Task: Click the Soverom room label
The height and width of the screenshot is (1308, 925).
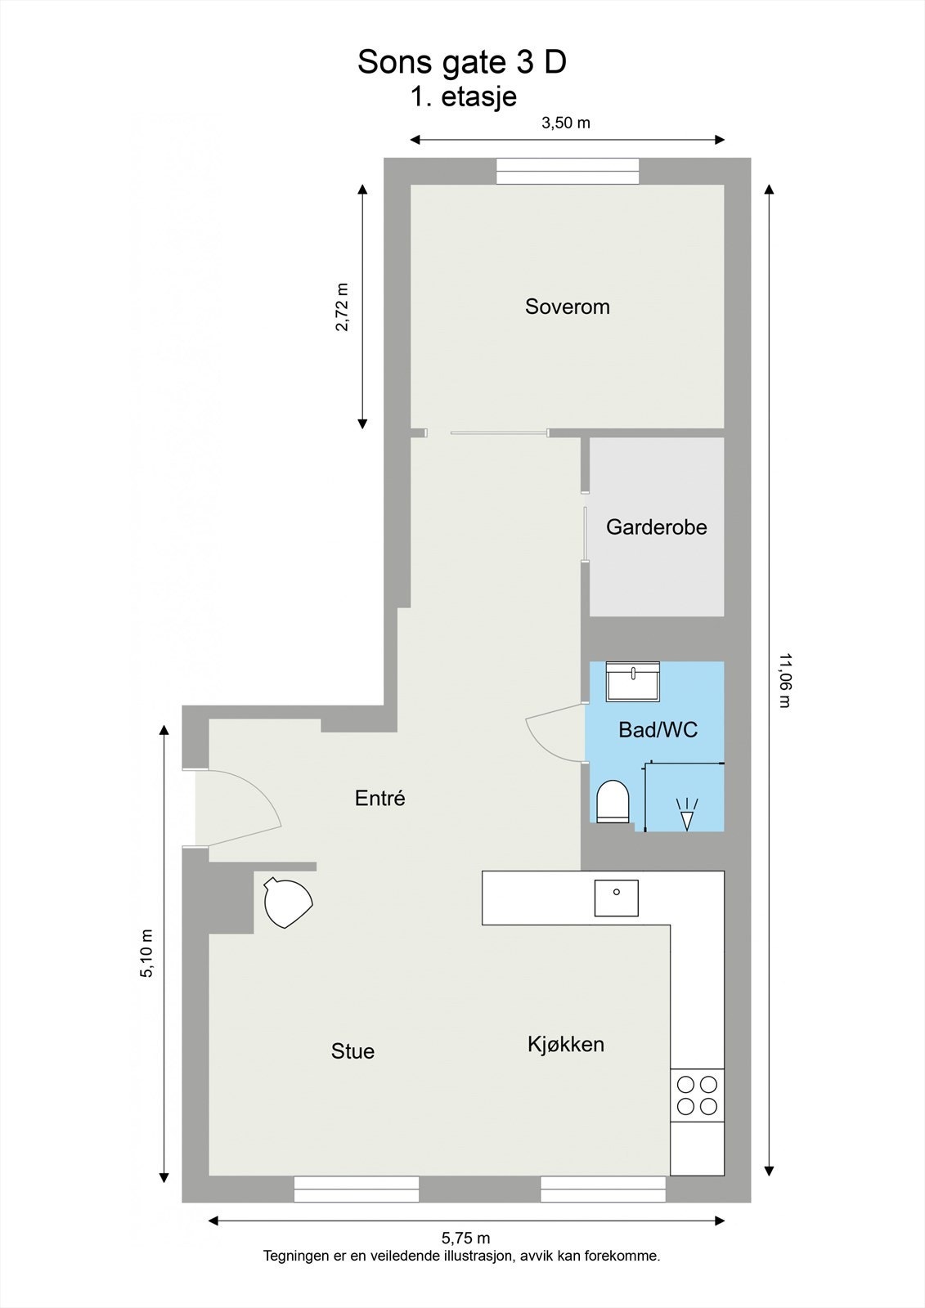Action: tap(567, 307)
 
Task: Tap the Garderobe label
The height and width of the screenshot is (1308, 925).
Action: tap(656, 527)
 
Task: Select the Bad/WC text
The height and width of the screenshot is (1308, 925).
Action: tap(658, 729)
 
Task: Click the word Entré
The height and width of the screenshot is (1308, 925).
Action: tap(379, 798)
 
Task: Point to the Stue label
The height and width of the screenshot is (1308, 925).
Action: tap(352, 1051)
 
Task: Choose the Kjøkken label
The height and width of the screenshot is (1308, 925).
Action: tap(565, 1044)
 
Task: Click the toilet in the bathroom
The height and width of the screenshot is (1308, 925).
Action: tap(613, 800)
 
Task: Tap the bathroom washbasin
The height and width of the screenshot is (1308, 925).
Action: tap(632, 682)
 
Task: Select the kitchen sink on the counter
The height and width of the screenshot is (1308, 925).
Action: tap(616, 898)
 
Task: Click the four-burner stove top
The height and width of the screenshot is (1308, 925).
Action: tap(697, 1095)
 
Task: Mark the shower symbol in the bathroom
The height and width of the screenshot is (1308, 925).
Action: tap(686, 813)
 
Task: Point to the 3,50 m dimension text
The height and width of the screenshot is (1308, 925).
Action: tap(565, 123)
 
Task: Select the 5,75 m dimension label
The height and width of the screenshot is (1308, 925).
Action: tap(465, 1239)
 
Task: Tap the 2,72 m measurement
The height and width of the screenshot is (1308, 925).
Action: tap(342, 307)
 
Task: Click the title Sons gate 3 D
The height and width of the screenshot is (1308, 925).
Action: tap(461, 63)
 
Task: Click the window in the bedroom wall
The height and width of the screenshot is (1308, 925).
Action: tap(568, 172)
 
